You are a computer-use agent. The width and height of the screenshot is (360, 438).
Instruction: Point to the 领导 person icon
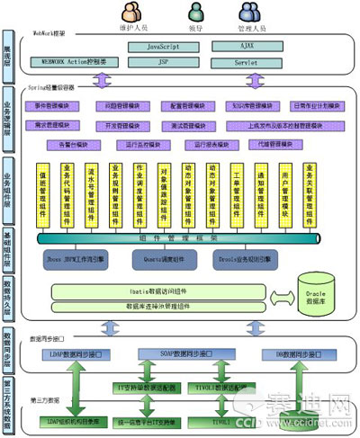tap(197, 12)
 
